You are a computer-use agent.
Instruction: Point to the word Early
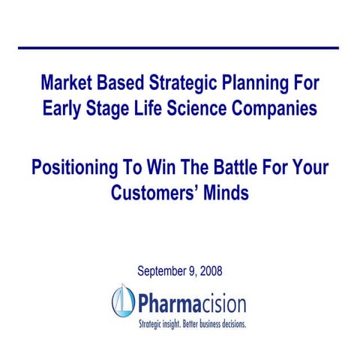pyautogui.click(x=64, y=109)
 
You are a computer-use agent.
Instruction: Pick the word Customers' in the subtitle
pyautogui.click(x=156, y=192)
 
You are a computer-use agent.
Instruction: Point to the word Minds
pyautogui.click(x=225, y=192)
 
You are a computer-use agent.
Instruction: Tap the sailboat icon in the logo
pyautogui.click(x=122, y=301)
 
